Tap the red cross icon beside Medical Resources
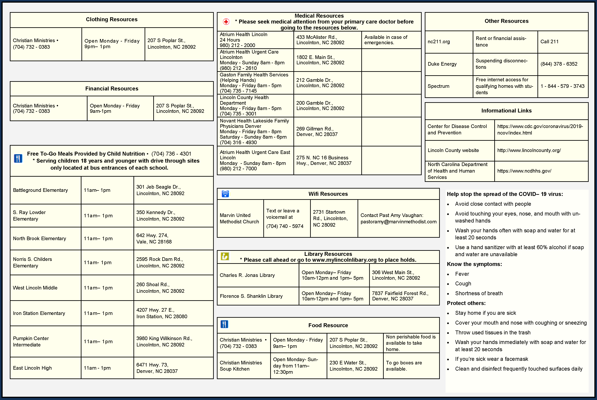[226, 22]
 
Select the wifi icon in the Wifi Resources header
[225, 194]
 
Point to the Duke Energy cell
[442, 64]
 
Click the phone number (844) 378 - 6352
[559, 64]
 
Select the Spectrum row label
[438, 86]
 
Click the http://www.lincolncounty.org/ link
[529, 150]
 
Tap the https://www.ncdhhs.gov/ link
[524, 171]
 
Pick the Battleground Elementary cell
[40, 190]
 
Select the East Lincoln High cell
[32, 368]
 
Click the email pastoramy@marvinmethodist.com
[398, 222]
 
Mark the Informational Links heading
[506, 111]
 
